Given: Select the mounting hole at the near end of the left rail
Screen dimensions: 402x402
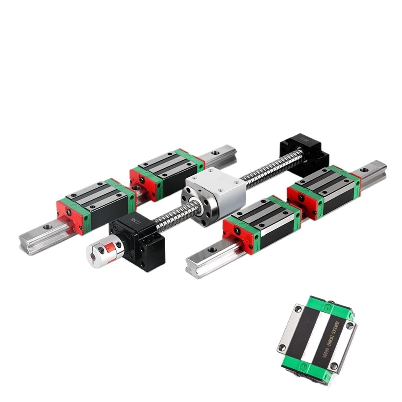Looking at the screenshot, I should click(47, 227).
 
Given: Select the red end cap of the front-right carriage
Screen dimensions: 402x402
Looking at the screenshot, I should click(237, 232).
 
